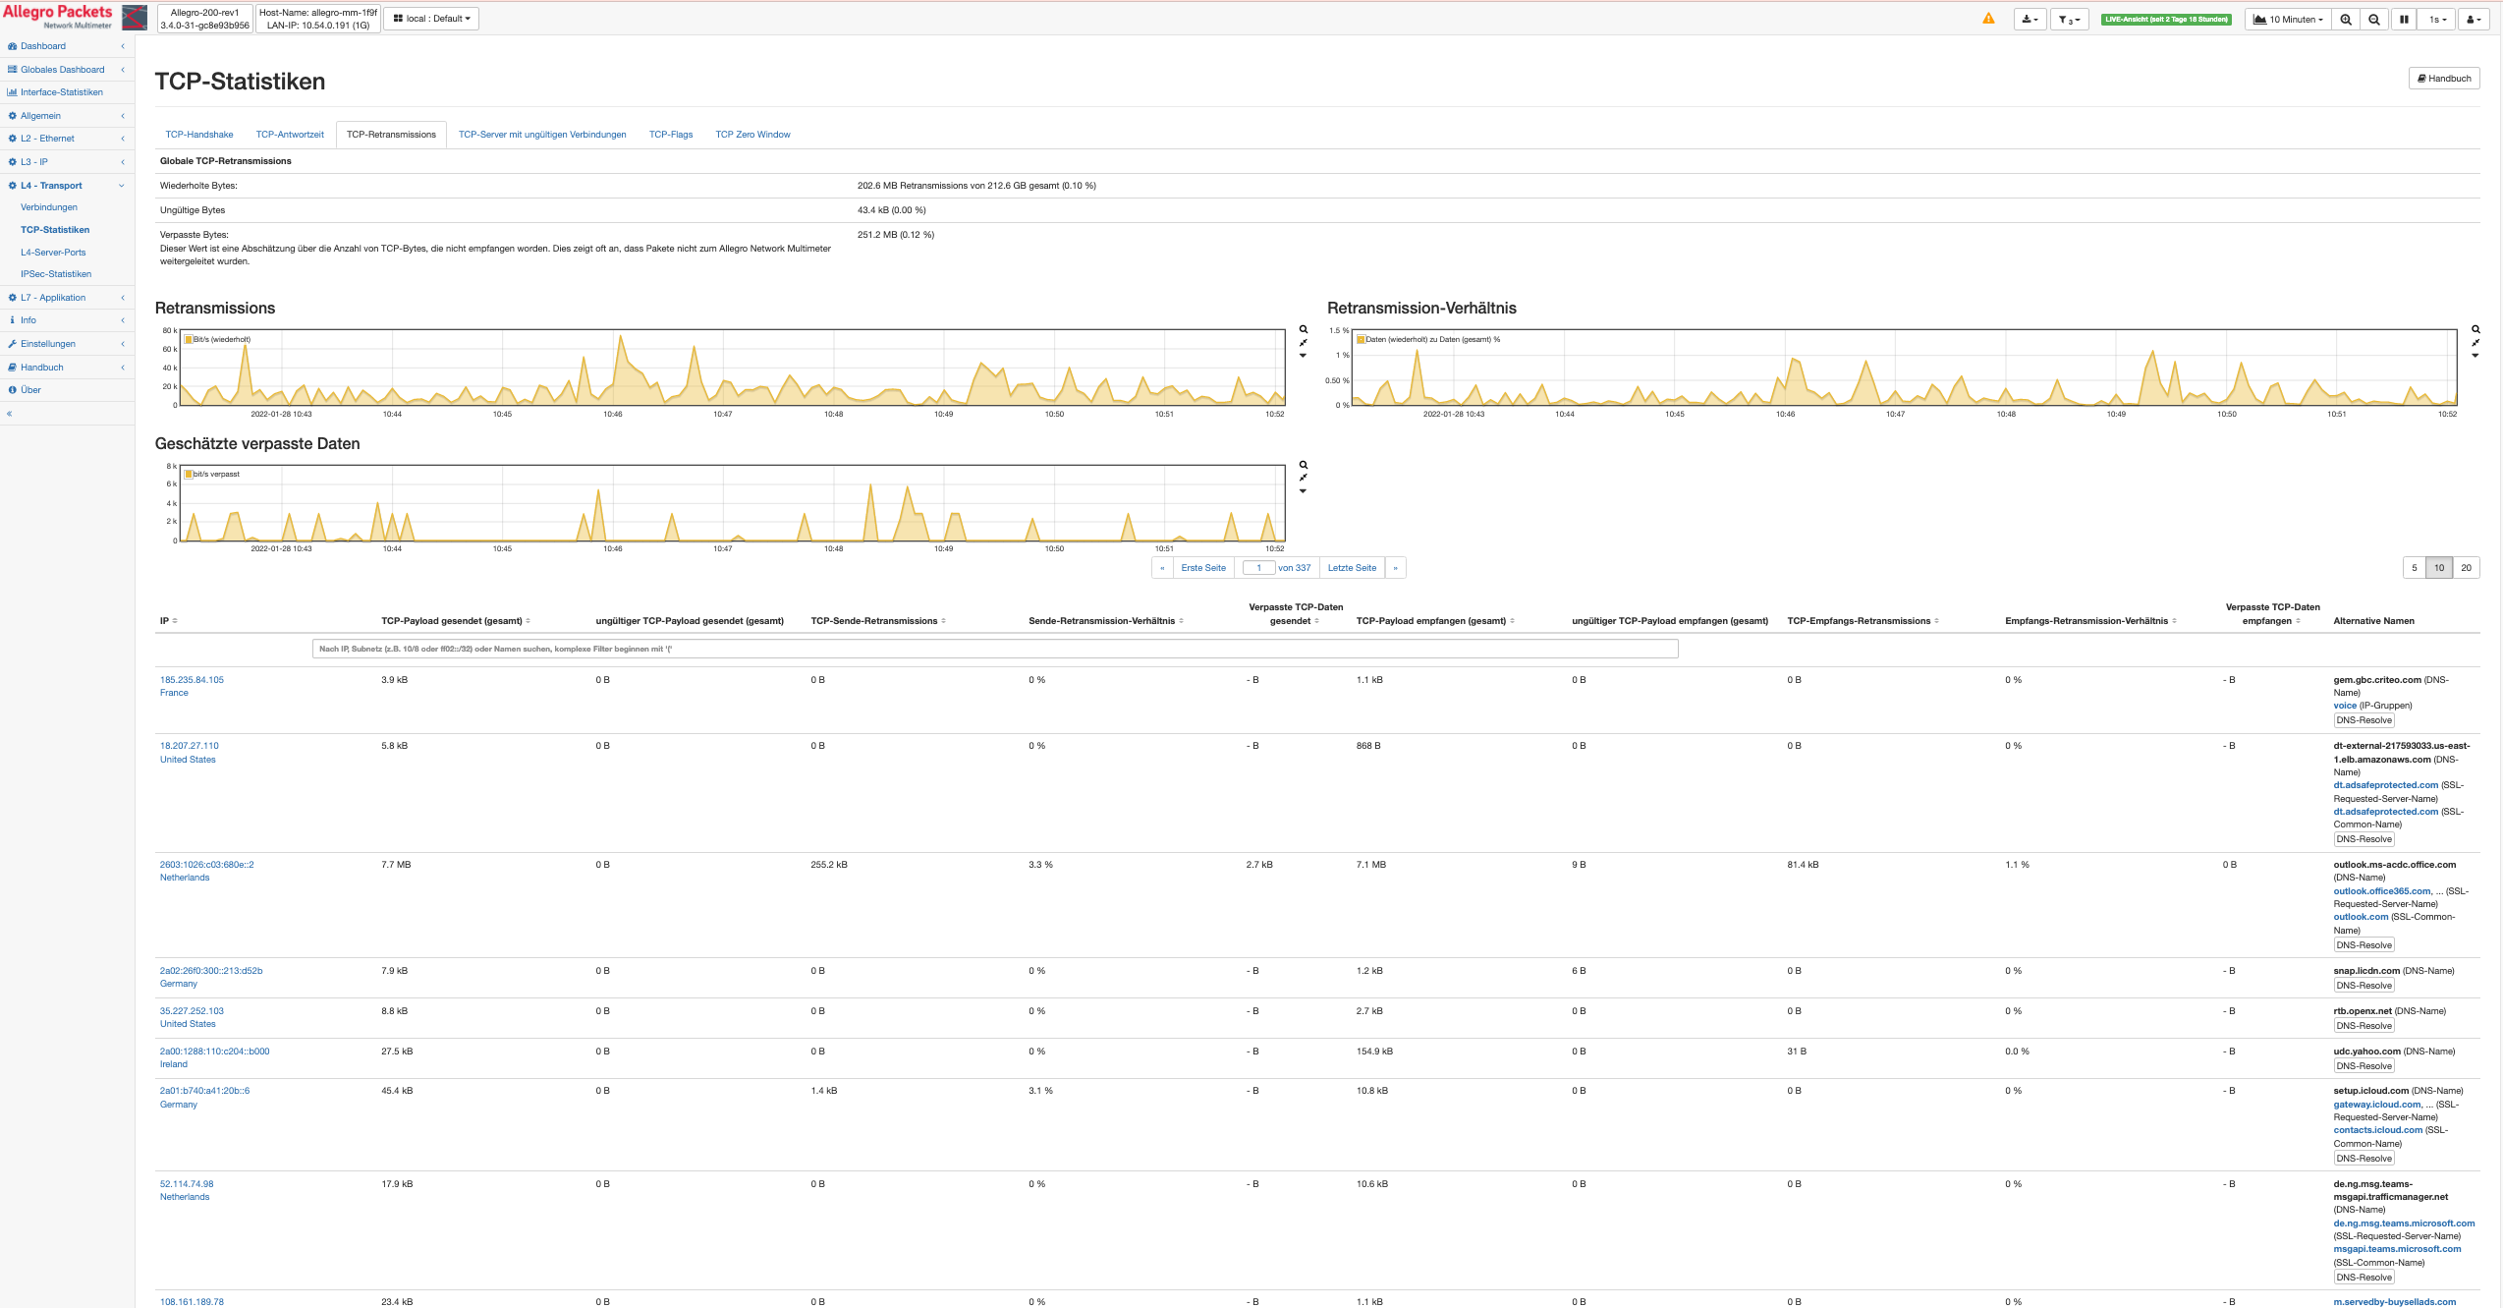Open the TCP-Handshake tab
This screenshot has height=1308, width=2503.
point(199,135)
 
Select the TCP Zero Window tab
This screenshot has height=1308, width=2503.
point(752,135)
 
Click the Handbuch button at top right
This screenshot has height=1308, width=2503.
point(2443,79)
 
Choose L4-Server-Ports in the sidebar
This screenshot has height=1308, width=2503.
point(53,253)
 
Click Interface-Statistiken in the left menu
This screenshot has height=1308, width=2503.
point(61,92)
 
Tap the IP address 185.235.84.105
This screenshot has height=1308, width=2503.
point(192,680)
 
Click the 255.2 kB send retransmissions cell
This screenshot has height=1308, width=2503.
point(828,865)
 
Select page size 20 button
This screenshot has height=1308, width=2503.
point(2466,568)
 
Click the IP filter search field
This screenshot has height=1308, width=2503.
point(994,649)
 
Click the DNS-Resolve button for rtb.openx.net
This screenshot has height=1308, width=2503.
point(2364,1026)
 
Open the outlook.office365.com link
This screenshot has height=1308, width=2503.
point(2381,891)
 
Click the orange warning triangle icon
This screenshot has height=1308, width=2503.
point(1988,19)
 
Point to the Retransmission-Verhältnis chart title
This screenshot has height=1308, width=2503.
point(1420,309)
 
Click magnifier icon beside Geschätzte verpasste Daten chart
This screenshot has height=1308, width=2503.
point(1304,465)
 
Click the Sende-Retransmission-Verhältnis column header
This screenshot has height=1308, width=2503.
point(1101,621)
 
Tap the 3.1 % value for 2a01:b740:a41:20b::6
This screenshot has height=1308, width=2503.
point(1040,1091)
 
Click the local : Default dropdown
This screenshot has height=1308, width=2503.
point(431,19)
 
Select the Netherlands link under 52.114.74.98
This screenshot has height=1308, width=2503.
point(185,1197)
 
